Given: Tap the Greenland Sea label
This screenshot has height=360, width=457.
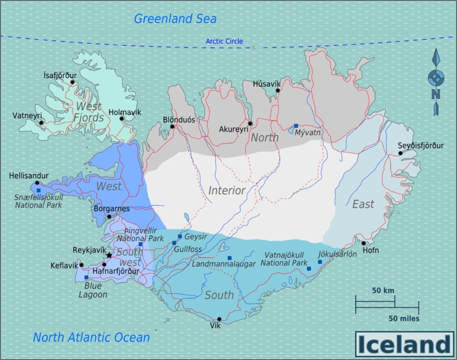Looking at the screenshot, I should [175, 19].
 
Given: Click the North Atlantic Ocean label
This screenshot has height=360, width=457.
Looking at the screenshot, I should [91, 337].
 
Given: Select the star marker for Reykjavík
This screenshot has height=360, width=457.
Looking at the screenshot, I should [109, 256].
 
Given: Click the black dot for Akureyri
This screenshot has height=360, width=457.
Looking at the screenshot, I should [250, 124].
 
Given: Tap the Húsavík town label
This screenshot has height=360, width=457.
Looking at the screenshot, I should [267, 83].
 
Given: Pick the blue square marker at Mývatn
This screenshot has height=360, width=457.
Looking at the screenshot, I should [296, 126].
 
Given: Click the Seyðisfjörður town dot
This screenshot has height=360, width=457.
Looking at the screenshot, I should [401, 154].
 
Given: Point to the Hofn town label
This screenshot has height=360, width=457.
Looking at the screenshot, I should [370, 250].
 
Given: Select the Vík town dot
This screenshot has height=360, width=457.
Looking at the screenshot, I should [220, 319].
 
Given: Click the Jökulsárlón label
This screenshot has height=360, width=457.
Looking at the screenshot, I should [337, 254].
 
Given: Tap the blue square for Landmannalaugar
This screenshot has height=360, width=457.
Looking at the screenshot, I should [229, 258].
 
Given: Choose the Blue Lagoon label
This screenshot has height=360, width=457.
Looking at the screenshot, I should [92, 290].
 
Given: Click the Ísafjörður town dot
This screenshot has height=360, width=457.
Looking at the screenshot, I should [73, 82].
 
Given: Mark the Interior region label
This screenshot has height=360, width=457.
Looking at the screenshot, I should [227, 191].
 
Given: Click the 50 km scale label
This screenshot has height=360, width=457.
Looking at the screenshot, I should [383, 290].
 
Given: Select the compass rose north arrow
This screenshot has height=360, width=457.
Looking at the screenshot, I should [436, 58].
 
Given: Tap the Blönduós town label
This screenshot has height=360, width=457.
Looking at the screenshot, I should [179, 119].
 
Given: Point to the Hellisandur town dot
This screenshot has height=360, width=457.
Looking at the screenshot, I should [37, 183].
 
